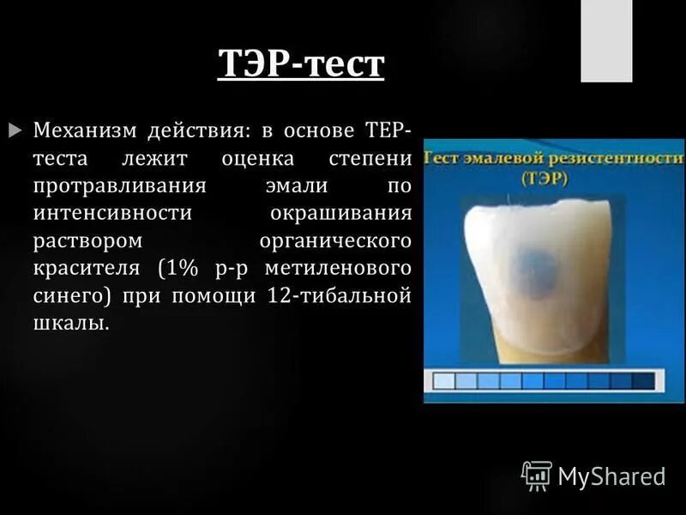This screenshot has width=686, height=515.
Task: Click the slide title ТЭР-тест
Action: pyautogui.click(x=300, y=65)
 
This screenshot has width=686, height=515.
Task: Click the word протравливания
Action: pyautogui.click(x=119, y=186)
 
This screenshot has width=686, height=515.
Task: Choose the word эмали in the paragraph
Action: pyautogui.click(x=299, y=186)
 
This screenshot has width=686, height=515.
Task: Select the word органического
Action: pyautogui.click(x=334, y=241)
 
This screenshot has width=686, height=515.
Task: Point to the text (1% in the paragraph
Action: pyautogui.click(x=178, y=269)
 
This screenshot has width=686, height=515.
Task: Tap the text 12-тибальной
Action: pyautogui.click(x=343, y=296)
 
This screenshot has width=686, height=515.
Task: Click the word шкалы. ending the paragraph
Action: pyautogui.click(x=72, y=324)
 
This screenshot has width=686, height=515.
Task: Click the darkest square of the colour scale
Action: pyautogui.click(x=641, y=380)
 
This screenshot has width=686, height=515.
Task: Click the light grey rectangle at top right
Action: pyautogui.click(x=606, y=40)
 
